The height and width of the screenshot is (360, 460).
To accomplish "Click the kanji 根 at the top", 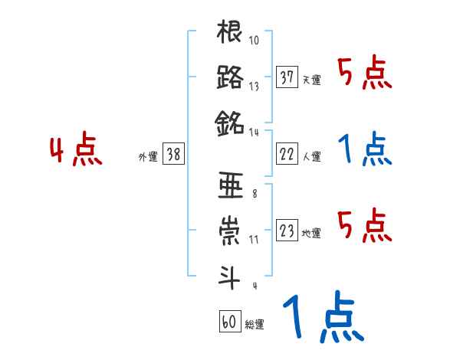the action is pos(230,34).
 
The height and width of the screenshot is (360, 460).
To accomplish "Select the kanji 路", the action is pos(230,77).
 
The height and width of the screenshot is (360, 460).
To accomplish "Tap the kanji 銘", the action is pos(230,121).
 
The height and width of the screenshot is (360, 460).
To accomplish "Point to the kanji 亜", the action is pos(230,186).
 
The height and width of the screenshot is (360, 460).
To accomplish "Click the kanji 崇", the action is pos(230,230).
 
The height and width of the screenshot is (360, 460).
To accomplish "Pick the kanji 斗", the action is pos(230,274).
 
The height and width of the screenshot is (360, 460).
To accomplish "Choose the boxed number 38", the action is pos(173,154).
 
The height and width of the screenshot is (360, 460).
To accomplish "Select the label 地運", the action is pos(311,233).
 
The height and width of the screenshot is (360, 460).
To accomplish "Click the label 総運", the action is pos(255,324).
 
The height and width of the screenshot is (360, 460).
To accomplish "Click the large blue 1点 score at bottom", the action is pos(322,317).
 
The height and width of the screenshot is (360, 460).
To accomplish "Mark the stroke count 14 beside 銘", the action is pos(255,132).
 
